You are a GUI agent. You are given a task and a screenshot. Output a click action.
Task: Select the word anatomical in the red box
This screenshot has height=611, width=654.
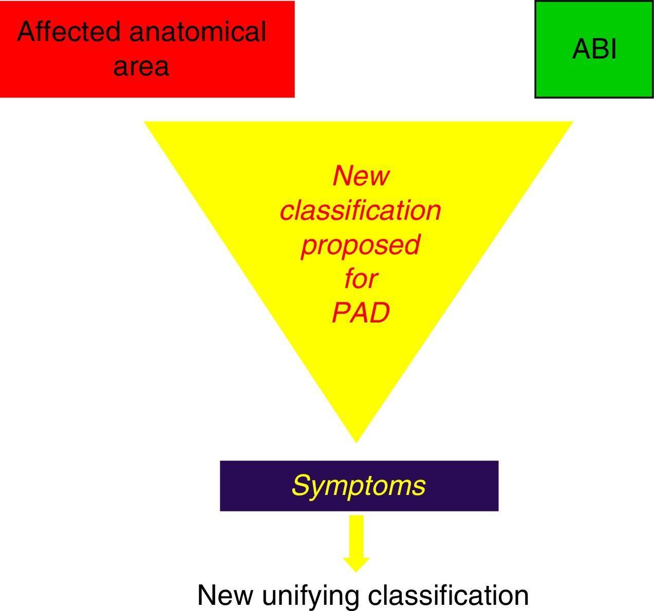pyautogui.click(x=198, y=32)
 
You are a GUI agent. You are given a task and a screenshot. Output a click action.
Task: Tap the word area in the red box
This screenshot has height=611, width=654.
pyautogui.click(x=141, y=67)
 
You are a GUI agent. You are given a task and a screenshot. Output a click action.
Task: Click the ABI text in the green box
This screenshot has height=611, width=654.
pyautogui.click(x=594, y=49)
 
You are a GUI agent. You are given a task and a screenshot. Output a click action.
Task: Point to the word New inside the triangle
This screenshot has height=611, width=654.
pyautogui.click(x=361, y=176)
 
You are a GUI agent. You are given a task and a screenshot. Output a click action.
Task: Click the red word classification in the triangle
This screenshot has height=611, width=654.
pyautogui.click(x=361, y=210)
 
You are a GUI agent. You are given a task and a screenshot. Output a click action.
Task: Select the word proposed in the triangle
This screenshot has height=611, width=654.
pyautogui.click(x=361, y=244)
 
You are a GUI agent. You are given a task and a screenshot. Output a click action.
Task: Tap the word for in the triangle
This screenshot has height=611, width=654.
pyautogui.click(x=361, y=279)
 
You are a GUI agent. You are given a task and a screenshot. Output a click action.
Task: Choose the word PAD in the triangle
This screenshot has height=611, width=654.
pyautogui.click(x=361, y=312)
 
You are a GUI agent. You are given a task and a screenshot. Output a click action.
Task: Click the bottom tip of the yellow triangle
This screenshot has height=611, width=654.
pyautogui.click(x=357, y=439)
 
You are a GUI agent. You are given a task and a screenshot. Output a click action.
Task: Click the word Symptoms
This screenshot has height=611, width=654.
pyautogui.click(x=359, y=485)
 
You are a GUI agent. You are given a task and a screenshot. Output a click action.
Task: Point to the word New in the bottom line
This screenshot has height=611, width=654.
pyautogui.click(x=225, y=596)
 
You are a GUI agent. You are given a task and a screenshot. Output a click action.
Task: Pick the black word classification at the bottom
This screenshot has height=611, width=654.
pyautogui.click(x=449, y=596)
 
